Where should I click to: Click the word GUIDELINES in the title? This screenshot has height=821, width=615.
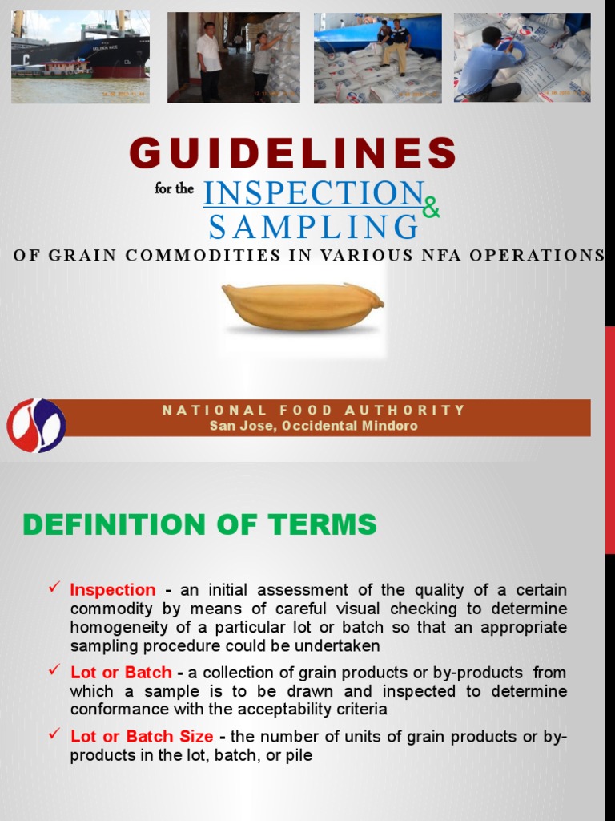pos(293,153)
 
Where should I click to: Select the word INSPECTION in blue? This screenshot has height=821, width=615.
pos(313,193)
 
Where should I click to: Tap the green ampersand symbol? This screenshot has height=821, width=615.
pos(431,208)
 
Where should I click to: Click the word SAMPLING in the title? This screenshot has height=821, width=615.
pos(313,227)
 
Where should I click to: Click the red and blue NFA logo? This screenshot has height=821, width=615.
pos(36,424)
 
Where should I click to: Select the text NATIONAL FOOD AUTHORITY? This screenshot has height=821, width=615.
pos(313,410)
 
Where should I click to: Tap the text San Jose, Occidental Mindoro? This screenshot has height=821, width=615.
pos(313,426)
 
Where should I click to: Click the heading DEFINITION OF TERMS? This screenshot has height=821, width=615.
pos(199,524)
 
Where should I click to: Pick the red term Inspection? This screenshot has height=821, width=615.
pos(113,590)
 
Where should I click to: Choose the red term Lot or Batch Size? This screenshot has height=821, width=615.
pos(142,736)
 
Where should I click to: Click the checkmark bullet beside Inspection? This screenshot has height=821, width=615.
pos(55,589)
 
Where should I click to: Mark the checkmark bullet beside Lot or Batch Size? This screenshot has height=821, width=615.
pos(55,734)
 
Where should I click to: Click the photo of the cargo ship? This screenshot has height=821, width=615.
pos(80,56)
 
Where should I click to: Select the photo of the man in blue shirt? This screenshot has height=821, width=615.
pos(521,56)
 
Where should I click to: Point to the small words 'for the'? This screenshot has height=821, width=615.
pos(175,191)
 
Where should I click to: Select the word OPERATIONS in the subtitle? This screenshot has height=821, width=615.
pos(546,255)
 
